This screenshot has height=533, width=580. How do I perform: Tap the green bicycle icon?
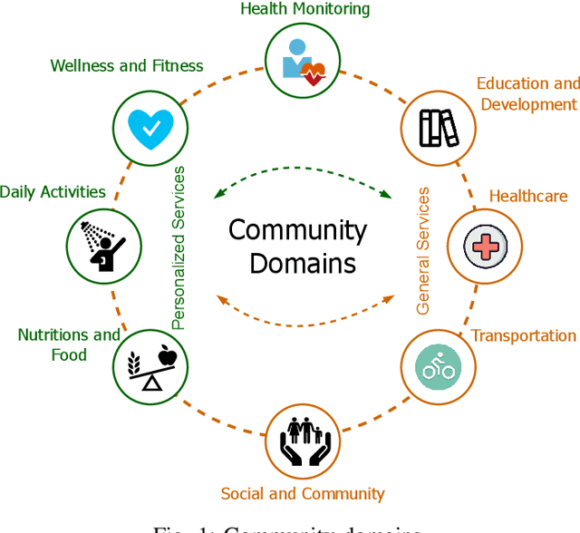pos(437,365)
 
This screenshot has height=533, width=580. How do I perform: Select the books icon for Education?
pos(439,127)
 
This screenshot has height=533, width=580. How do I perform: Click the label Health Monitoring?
pos(304,9)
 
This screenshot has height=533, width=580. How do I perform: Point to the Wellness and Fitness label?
pos(127,65)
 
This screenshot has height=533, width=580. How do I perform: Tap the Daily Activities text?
pos(53,191)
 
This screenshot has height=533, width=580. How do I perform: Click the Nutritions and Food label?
pos(69,344)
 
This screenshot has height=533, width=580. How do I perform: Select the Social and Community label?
pos(303,494)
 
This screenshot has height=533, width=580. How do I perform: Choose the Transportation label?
pos(524,335)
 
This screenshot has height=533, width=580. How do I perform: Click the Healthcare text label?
pos(528,196)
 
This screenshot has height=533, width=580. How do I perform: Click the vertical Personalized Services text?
pos(179,247)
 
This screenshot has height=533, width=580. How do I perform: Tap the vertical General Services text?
pos(423,251)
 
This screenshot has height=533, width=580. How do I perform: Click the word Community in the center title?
pos(297,229)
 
